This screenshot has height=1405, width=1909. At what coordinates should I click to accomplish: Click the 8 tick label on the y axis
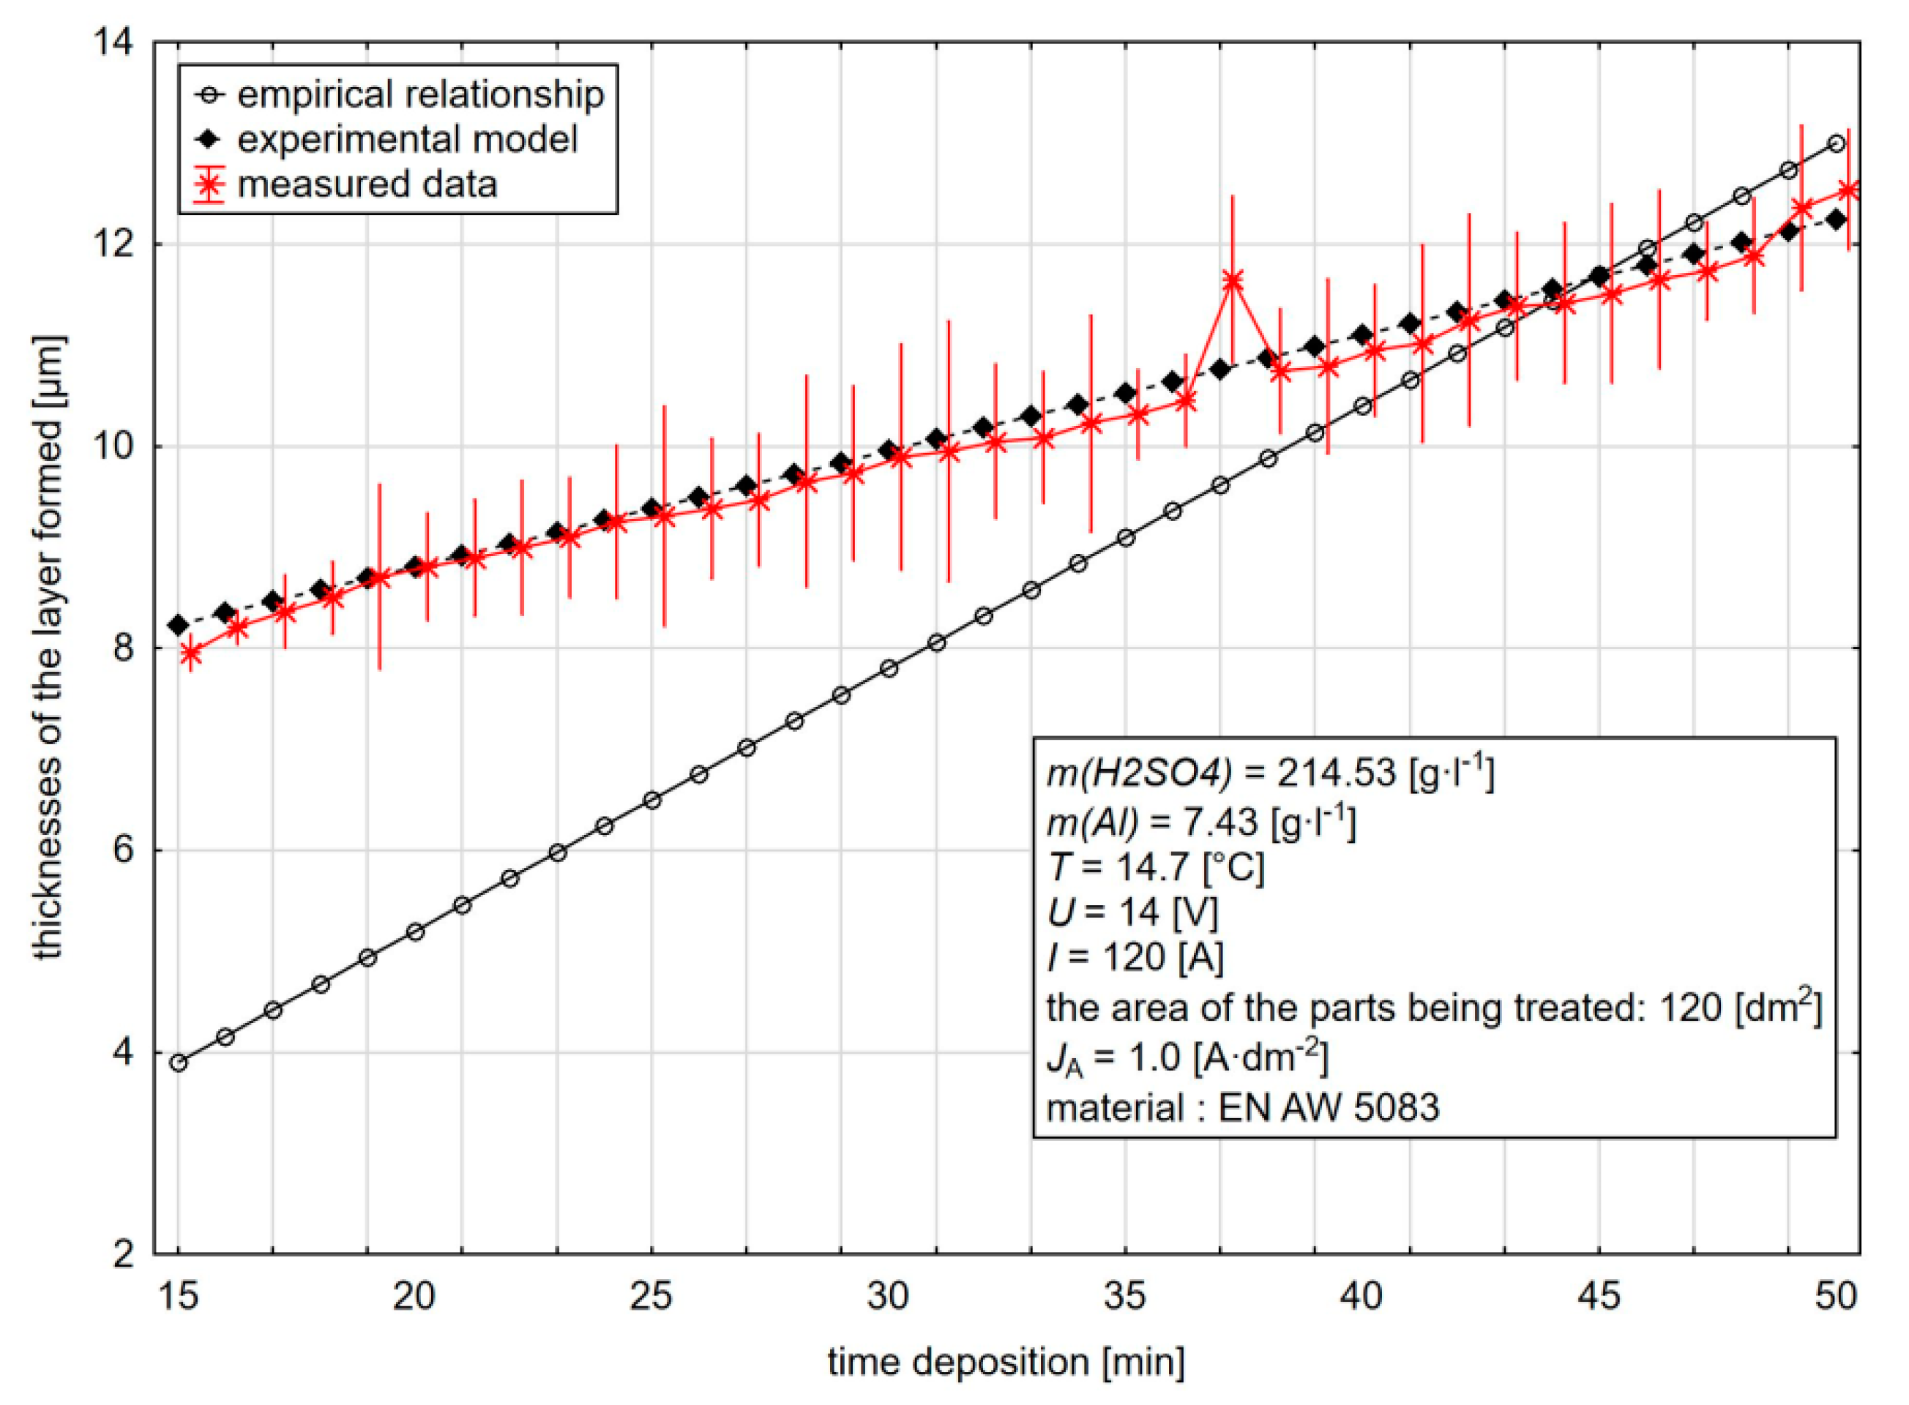[x=124, y=648]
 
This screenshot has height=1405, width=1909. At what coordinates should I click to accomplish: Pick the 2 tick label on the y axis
[x=124, y=1254]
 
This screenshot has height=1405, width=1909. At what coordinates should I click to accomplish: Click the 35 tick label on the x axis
[x=1124, y=1296]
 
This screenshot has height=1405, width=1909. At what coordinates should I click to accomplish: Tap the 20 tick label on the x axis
[x=414, y=1296]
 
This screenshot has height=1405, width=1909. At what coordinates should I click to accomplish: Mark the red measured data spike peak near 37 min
[x=1232, y=280]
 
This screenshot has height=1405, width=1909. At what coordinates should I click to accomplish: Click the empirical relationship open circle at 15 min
[x=179, y=1063]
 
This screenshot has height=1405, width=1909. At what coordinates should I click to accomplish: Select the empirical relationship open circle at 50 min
[x=1836, y=143]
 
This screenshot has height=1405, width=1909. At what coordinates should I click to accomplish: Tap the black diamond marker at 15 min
[x=179, y=626]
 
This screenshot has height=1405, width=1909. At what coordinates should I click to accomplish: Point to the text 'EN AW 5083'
[x=1329, y=1107]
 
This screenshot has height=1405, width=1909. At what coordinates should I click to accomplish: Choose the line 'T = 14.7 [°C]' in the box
[x=1156, y=866]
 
